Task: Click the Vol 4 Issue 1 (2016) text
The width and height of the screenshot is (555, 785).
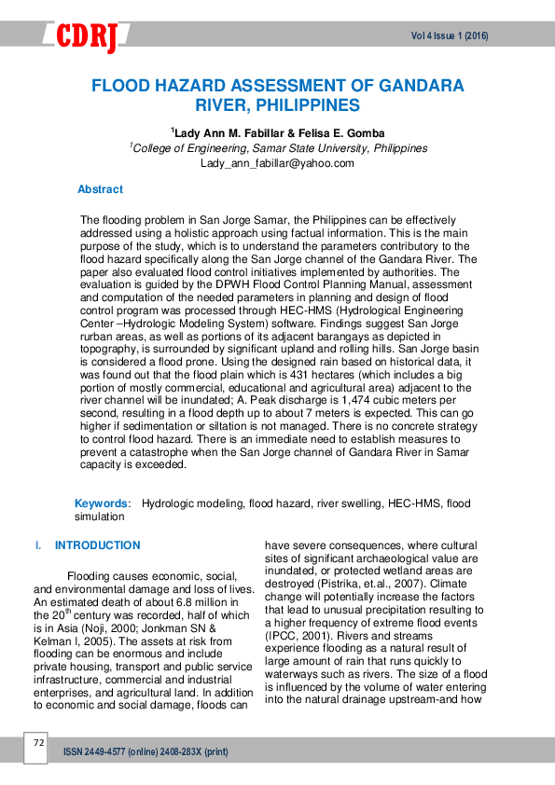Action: click(450, 36)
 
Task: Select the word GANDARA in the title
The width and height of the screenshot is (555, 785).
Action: click(417, 87)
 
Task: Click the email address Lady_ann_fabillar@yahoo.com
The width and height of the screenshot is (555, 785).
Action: click(277, 163)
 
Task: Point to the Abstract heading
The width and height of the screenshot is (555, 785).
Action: click(100, 189)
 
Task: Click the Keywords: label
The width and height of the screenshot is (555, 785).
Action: click(103, 503)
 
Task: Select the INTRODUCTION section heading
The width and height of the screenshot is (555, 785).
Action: click(97, 545)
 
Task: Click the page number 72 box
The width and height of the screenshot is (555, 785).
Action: click(38, 743)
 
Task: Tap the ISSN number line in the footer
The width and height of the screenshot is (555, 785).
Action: click(145, 751)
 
